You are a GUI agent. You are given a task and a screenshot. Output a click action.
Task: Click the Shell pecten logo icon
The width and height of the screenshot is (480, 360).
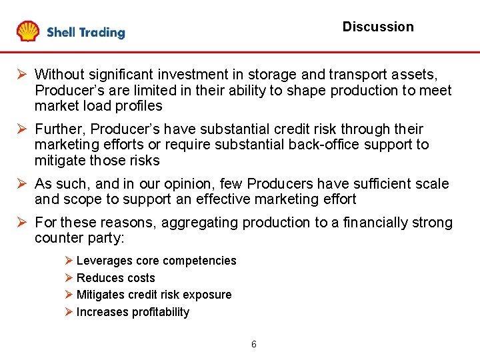pos(28,31)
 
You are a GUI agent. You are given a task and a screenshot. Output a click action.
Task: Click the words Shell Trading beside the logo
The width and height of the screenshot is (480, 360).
pos(85,32)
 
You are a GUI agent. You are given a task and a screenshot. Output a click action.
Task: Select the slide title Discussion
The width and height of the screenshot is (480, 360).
pos(377,27)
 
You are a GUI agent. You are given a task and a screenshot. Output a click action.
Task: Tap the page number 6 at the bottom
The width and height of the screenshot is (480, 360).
pos(253,345)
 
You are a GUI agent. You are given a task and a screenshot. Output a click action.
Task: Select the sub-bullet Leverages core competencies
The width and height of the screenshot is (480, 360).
pos(156,261)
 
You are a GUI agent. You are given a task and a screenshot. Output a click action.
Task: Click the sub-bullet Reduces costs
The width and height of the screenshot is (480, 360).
pos(115,278)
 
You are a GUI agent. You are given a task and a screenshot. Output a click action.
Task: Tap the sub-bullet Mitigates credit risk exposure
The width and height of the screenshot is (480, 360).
pos(154,295)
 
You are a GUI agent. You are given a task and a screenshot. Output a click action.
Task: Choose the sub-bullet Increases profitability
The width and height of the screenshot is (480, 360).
pos(133,312)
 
